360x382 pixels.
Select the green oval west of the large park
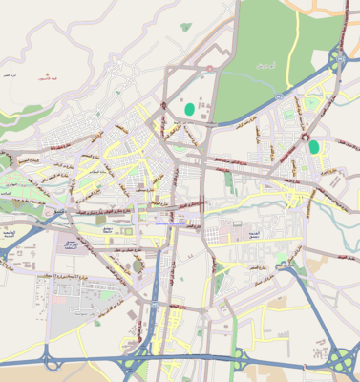190,109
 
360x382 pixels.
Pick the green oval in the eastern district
314,146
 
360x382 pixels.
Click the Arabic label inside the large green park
265,65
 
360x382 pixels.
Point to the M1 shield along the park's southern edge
273,96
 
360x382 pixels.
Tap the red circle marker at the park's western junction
209,68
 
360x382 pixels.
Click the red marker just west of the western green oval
163,106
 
